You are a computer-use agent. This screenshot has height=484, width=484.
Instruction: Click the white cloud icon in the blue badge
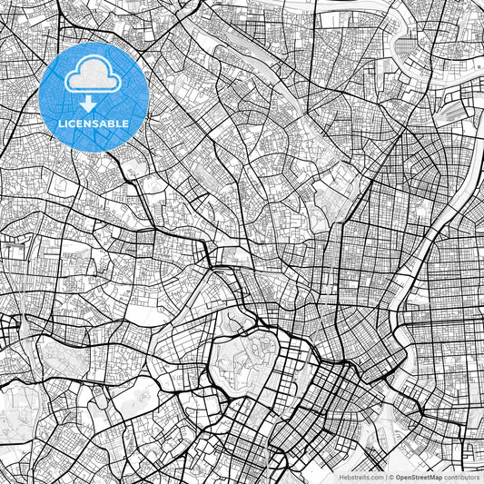point(94,78)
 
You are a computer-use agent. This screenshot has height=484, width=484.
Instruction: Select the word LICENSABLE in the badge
point(94,123)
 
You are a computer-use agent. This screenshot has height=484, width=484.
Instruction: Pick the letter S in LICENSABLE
point(98,123)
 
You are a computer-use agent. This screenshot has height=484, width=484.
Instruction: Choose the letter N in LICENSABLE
point(91,123)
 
